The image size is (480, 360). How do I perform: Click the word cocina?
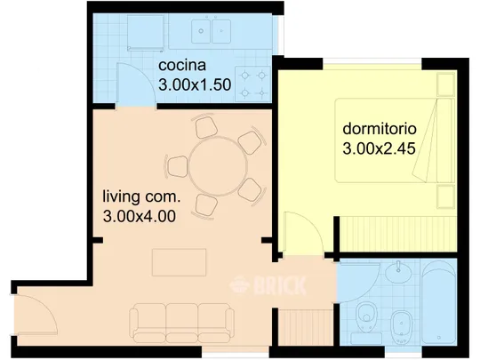(182, 66)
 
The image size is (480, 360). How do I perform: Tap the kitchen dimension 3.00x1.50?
(195, 84)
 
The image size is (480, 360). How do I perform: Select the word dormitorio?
(380, 129)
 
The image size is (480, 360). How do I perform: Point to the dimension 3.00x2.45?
(379, 148)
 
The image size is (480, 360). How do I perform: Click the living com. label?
(141, 196)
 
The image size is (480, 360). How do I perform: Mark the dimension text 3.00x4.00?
(140, 216)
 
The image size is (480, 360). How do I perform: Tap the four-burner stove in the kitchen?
(252, 84)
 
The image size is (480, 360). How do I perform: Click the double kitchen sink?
(212, 31)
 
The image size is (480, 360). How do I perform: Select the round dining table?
(218, 167)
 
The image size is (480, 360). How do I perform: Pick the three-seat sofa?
(181, 323)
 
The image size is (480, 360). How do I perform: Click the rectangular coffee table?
(179, 262)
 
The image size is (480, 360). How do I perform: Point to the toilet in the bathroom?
(366, 316)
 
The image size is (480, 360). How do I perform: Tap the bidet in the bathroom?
(401, 327)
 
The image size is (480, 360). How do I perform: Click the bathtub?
(439, 303)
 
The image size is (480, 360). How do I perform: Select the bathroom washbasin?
(398, 272)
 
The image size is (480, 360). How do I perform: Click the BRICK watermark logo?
(268, 285)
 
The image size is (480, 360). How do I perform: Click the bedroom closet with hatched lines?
(398, 234)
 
